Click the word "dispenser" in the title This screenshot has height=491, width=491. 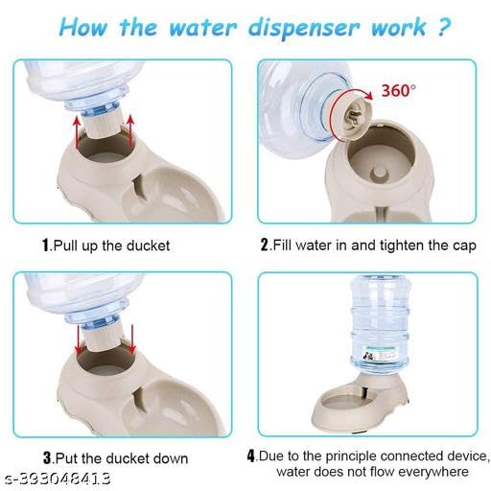click(304, 27)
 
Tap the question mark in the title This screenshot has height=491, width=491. click(443, 26)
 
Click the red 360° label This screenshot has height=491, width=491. click(399, 90)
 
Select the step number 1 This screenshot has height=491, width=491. click(46, 245)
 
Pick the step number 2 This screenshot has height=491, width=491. click(265, 245)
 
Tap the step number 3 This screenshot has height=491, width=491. click(47, 458)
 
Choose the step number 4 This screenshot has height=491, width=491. click(251, 456)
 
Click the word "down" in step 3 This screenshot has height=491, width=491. click(171, 458)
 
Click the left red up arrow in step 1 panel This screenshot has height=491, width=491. click(77, 131)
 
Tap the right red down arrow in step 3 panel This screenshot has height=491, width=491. click(132, 339)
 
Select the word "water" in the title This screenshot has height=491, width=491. click(203, 28)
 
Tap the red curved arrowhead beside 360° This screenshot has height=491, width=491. click(369, 95)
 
